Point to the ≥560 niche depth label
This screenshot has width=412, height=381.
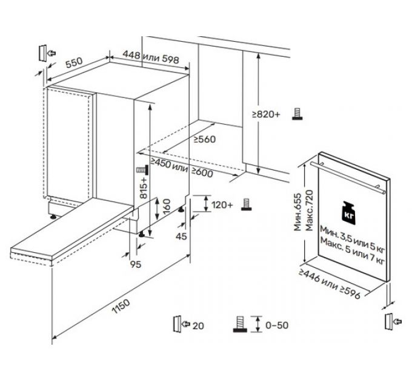point(204,138)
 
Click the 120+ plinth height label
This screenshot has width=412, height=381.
point(222,205)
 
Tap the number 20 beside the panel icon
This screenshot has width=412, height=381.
point(198,325)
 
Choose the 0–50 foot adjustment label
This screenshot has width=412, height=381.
point(276,325)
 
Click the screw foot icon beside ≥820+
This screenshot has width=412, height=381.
point(296,114)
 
